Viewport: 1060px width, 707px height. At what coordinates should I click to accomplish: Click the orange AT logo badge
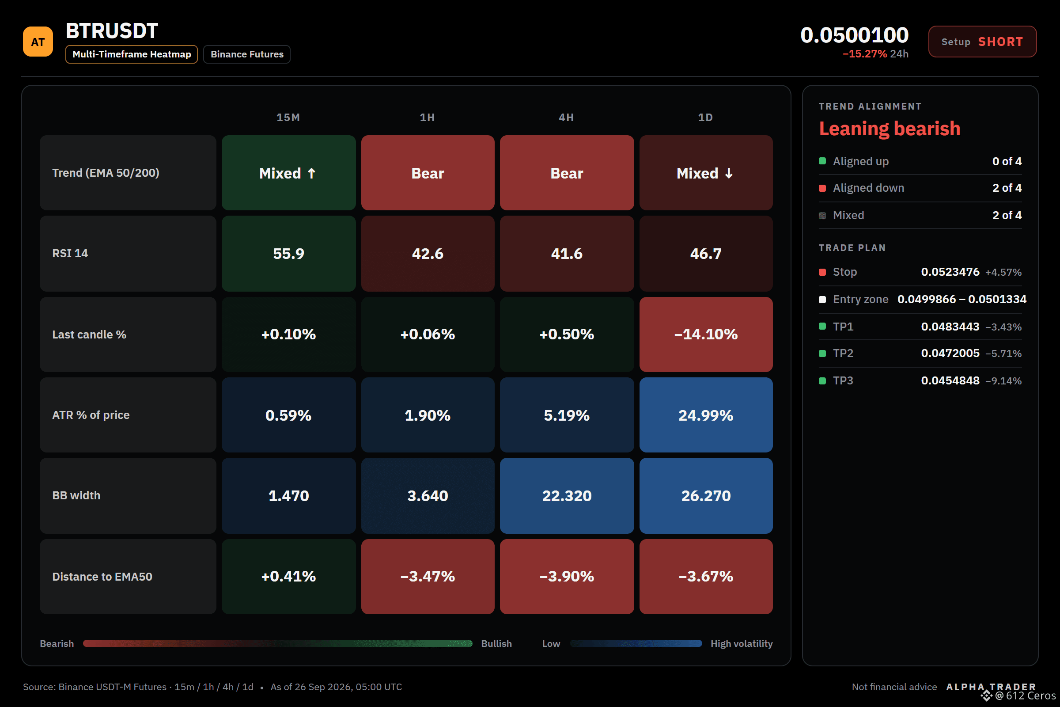coord(38,42)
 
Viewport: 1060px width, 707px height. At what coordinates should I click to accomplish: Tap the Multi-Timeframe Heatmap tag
coord(132,54)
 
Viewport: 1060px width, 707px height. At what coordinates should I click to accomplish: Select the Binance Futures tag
coord(247,54)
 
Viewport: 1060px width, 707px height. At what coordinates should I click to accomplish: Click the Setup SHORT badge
coord(982,42)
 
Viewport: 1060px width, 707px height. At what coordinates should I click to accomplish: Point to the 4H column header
coord(567,118)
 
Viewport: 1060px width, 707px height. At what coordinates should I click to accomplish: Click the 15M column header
coord(288,118)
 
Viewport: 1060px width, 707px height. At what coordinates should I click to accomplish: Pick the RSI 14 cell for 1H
coord(428,253)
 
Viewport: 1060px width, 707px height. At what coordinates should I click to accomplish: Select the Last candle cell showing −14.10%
coord(706,334)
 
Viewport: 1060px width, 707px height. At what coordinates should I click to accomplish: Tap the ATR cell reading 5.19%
coord(567,415)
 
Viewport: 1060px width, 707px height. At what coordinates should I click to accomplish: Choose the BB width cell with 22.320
coord(567,495)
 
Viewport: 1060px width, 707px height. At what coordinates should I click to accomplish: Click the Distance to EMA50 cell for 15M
coord(288,576)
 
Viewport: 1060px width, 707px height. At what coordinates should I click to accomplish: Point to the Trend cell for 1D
coord(706,173)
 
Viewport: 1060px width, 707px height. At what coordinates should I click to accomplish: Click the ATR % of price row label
coord(91,415)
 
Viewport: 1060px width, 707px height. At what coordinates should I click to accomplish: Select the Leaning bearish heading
coord(890,129)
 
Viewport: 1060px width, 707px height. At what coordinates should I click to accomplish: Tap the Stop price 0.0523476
coord(950,272)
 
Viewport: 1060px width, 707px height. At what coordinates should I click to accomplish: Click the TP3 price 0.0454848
coord(950,380)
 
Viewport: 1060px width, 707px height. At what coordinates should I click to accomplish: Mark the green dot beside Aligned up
coord(822,161)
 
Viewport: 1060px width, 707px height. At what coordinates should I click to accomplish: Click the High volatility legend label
coord(742,643)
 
